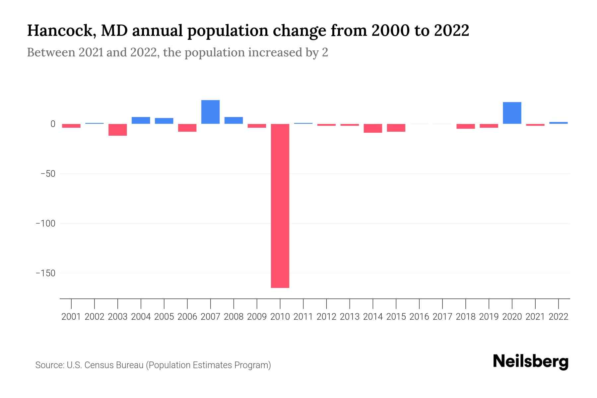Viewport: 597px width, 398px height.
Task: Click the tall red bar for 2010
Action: click(x=280, y=206)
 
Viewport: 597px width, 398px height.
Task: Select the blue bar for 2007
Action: click(x=210, y=112)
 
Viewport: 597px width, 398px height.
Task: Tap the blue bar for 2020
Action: click(x=512, y=113)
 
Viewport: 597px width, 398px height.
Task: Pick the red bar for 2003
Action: click(x=118, y=130)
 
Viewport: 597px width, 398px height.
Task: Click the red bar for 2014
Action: click(x=373, y=128)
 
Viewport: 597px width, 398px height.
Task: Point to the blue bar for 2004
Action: click(x=141, y=120)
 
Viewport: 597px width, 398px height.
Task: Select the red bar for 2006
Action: click(x=187, y=128)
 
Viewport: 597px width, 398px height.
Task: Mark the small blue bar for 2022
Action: click(x=558, y=123)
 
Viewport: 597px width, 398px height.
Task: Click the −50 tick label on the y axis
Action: click(x=48, y=174)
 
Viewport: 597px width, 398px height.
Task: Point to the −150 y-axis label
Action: click(x=45, y=273)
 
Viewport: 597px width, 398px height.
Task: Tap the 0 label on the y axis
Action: click(x=53, y=124)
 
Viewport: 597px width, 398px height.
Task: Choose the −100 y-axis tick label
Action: click(x=45, y=224)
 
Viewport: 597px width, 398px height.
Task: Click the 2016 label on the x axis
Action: click(x=419, y=317)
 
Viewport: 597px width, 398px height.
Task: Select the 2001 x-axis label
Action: click(x=71, y=317)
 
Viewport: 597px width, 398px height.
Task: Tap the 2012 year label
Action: click(x=326, y=317)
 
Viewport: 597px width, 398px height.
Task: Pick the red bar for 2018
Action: click(x=465, y=126)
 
